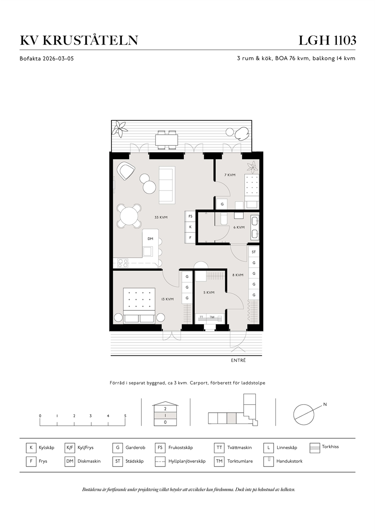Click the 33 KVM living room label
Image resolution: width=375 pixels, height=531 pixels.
pyautogui.click(x=161, y=217)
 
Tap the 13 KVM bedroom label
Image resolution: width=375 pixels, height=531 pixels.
pyautogui.click(x=167, y=299)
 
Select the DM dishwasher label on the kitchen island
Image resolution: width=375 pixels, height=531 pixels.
pyautogui.click(x=150, y=239)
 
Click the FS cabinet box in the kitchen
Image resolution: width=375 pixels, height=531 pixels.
pyautogui.click(x=191, y=216)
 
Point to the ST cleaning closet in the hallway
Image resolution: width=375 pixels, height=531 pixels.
pyautogui.click(x=254, y=252)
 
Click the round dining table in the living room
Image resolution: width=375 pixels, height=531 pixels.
pyautogui.click(x=129, y=216)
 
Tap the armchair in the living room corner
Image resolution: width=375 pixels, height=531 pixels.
pyautogui.click(x=126, y=170)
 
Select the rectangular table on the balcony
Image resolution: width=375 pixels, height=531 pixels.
pyautogui.click(x=167, y=140)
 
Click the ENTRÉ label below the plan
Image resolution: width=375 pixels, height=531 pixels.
pyautogui.click(x=239, y=360)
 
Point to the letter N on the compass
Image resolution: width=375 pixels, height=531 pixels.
pyautogui.click(x=325, y=405)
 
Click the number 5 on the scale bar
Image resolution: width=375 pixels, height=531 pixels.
pyautogui.click(x=125, y=416)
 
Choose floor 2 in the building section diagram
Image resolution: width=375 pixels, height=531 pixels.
pyautogui.click(x=165, y=409)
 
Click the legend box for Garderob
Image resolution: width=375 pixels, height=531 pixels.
pyautogui.click(x=118, y=448)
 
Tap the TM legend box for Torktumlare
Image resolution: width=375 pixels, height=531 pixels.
pyautogui.click(x=219, y=461)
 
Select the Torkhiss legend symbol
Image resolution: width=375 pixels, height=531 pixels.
pyautogui.click(x=315, y=448)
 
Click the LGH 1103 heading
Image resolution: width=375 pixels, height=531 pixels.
pyautogui.click(x=327, y=40)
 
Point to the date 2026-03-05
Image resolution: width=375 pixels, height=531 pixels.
pyautogui.click(x=58, y=58)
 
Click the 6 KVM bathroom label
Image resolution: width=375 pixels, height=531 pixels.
pyautogui.click(x=239, y=227)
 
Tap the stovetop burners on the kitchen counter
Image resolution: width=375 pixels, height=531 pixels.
pyautogui.click(x=123, y=263)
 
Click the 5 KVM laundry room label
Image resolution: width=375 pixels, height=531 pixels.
pyautogui.click(x=209, y=293)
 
